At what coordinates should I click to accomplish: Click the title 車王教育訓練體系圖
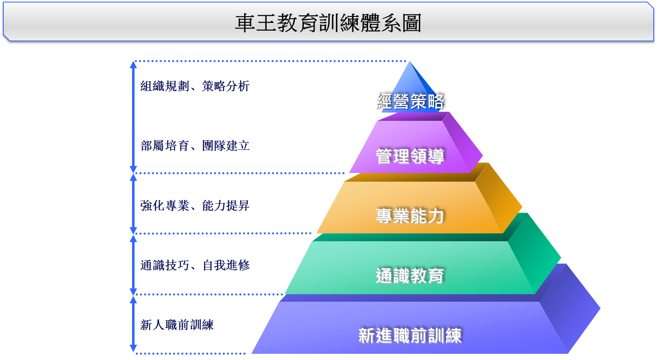pyautogui.click(x=328, y=23)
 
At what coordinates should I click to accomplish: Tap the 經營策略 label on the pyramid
pyautogui.click(x=409, y=101)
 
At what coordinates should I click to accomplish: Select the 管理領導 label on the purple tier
pyautogui.click(x=409, y=156)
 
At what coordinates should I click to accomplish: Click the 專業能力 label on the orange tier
pyautogui.click(x=409, y=216)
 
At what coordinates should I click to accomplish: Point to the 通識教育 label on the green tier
pyautogui.click(x=409, y=276)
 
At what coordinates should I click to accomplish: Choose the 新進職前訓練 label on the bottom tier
pyautogui.click(x=409, y=336)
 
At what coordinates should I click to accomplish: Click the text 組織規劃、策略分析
pyautogui.click(x=195, y=86)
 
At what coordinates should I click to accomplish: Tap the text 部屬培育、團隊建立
pyautogui.click(x=195, y=146)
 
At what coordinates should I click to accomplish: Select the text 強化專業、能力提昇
pyautogui.click(x=195, y=206)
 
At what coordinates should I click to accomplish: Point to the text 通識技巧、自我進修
pyautogui.click(x=195, y=265)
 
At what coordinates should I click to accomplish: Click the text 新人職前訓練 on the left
pyautogui.click(x=177, y=325)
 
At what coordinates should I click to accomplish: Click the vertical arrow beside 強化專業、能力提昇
pyautogui.click(x=133, y=203)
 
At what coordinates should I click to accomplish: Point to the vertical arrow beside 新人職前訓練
pyautogui.click(x=133, y=324)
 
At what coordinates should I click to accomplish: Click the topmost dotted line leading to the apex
pyautogui.click(x=269, y=61)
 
